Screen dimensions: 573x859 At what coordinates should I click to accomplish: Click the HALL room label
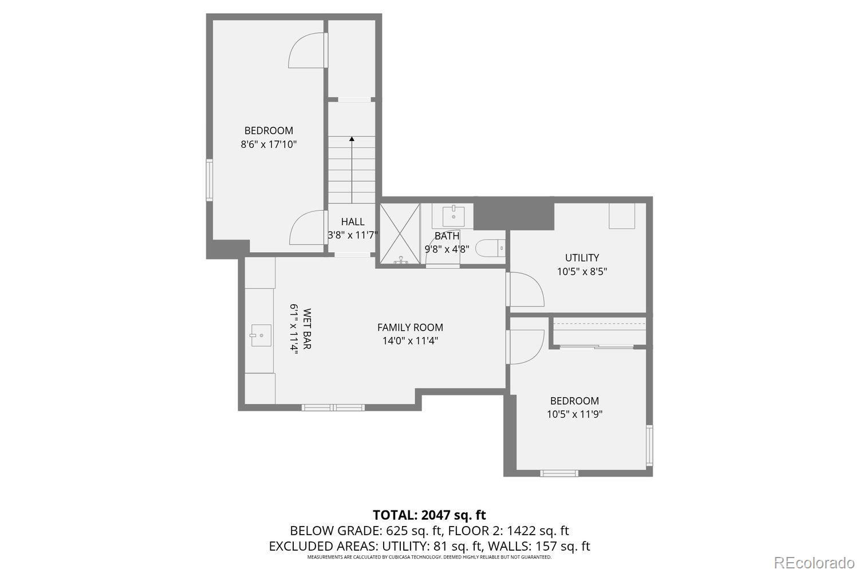click(x=353, y=222)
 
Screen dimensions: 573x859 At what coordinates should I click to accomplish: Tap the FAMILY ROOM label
click(x=410, y=327)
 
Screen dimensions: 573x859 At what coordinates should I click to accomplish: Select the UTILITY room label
click(x=582, y=258)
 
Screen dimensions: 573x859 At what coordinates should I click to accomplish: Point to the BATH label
click(x=447, y=236)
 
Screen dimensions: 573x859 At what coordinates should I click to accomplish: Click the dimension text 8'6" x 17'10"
click(x=269, y=144)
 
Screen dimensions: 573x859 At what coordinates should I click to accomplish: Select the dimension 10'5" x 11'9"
click(x=574, y=414)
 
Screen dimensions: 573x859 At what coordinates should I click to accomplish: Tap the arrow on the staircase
click(x=352, y=139)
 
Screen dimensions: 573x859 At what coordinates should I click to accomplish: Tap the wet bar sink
click(x=261, y=335)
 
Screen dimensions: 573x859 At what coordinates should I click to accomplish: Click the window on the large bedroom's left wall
click(x=210, y=180)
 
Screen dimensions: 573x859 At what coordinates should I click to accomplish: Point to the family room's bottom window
click(x=333, y=407)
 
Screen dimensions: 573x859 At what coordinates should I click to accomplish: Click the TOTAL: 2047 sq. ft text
click(x=429, y=515)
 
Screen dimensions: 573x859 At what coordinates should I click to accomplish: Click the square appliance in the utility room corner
click(x=622, y=216)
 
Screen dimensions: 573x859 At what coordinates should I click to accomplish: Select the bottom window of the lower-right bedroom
click(x=559, y=473)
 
